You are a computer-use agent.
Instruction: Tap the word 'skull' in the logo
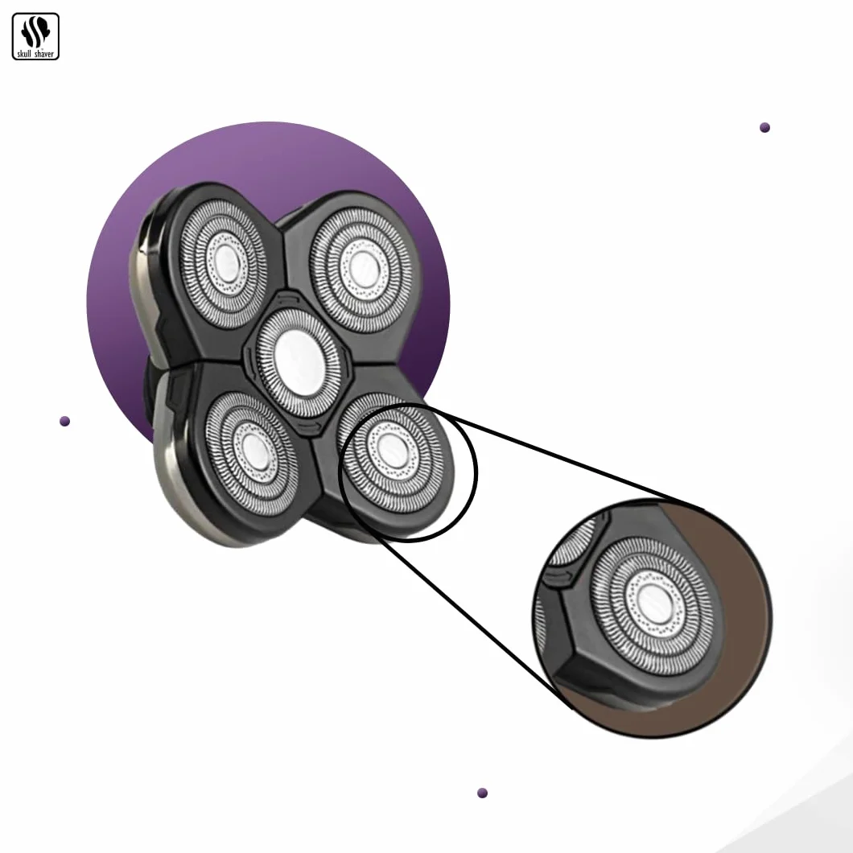tap(24, 54)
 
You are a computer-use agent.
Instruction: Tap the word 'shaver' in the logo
tap(44, 54)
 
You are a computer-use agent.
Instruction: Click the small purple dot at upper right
tap(764, 128)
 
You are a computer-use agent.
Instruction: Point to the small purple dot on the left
tap(64, 421)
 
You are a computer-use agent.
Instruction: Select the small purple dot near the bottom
tap(482, 793)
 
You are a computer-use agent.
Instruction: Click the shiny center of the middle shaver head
tap(297, 360)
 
